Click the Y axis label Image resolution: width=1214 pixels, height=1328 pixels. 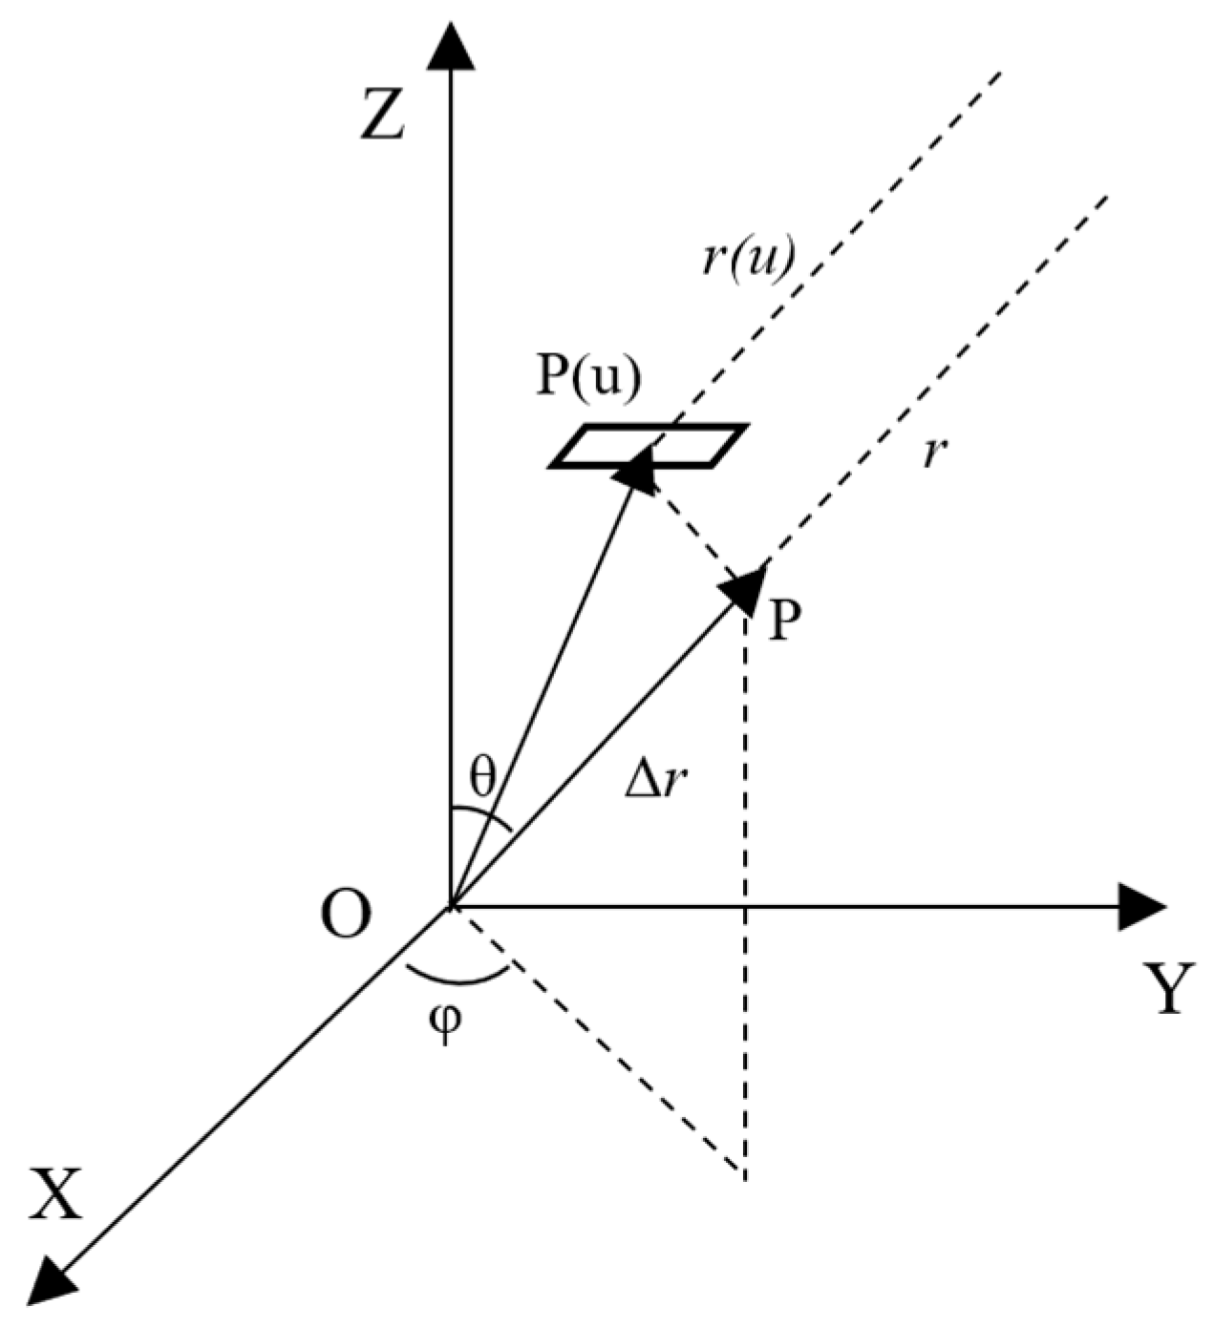[1167, 990]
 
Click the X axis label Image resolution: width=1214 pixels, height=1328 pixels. [55, 1193]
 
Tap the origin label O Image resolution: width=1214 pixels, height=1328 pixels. [345, 917]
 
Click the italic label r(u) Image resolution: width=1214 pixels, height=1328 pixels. [748, 259]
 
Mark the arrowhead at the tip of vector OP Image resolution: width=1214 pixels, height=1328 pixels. [747, 587]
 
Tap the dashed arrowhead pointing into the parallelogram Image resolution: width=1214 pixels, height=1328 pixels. [635, 473]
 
